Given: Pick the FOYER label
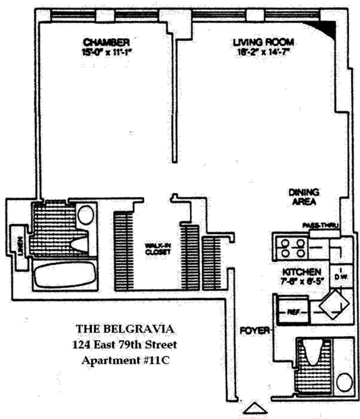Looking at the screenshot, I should [x=250, y=331].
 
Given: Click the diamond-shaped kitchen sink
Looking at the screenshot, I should [x=333, y=305].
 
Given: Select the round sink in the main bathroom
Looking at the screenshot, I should [x=86, y=215].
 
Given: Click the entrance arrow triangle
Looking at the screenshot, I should [x=255, y=409].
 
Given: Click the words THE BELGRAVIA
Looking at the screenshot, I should [x=125, y=329].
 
